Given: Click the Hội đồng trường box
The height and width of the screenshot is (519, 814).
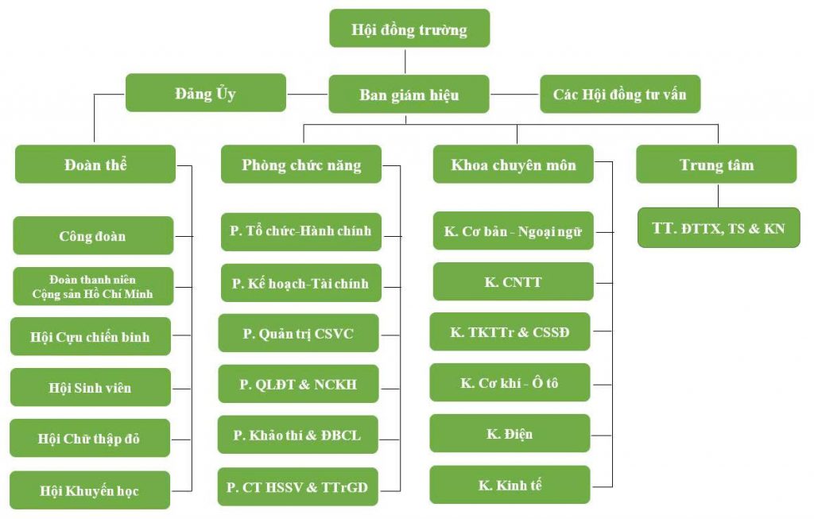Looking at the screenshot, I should pyautogui.click(x=409, y=29).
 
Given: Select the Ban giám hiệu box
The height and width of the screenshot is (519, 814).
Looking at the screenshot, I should pyautogui.click(x=409, y=95).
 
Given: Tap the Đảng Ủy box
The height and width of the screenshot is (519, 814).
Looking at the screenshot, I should pyautogui.click(x=205, y=93).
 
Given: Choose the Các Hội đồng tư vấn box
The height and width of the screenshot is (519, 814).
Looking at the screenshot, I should pyautogui.click(x=620, y=95).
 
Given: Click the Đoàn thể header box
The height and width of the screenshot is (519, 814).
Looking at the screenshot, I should pyautogui.click(x=95, y=165).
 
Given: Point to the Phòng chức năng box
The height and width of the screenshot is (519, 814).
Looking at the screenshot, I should pyautogui.click(x=301, y=165).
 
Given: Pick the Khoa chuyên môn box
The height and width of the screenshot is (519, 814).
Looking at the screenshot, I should pyautogui.click(x=513, y=165).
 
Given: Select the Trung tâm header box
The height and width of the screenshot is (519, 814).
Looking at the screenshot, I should pyautogui.click(x=716, y=165).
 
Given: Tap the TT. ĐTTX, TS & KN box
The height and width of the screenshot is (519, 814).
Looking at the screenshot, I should pyautogui.click(x=719, y=228).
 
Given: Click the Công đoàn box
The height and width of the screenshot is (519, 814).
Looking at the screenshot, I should pyautogui.click(x=93, y=235).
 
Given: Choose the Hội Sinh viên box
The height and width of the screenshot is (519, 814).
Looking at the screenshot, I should pyautogui.click(x=90, y=388).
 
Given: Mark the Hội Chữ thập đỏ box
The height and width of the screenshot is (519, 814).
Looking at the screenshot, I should pyautogui.click(x=90, y=438).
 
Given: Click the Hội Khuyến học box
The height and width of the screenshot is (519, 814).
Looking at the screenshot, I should pyautogui.click(x=90, y=490).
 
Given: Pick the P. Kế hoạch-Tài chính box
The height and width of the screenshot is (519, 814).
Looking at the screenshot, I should pyautogui.click(x=300, y=283).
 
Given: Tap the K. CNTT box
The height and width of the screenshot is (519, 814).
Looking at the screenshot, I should pyautogui.click(x=513, y=281).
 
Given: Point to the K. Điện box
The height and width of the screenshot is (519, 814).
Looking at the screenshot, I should pyautogui.click(x=510, y=434).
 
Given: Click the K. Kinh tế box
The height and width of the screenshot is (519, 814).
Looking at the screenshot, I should pyautogui.click(x=510, y=485).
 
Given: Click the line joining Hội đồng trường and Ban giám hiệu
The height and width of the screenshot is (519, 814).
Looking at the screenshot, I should pyautogui.click(x=405, y=62).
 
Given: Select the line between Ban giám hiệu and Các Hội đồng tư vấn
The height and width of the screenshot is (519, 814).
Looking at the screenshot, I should pyautogui.click(x=514, y=95).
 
